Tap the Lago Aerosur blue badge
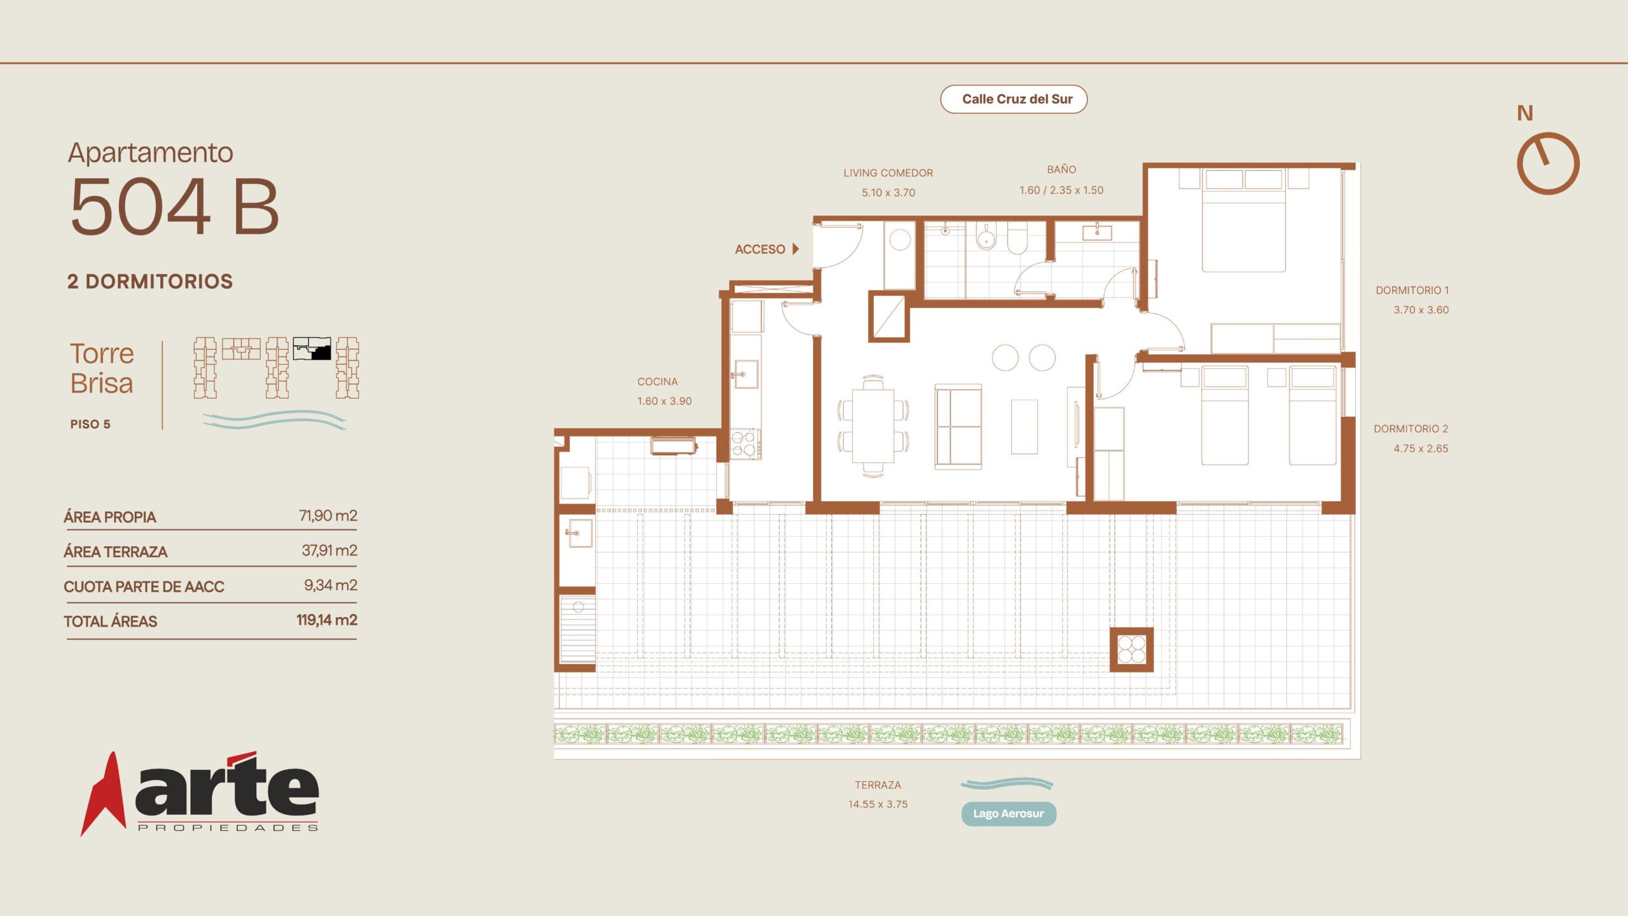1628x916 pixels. pos(1009,814)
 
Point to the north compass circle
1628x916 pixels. pos(1549,163)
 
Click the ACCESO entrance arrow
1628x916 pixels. pos(796,249)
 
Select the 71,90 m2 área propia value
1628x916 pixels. pos(328,515)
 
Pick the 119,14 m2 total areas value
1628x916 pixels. pos(327,620)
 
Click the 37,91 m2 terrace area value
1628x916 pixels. pos(329,550)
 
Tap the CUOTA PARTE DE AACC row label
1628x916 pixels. pos(144,586)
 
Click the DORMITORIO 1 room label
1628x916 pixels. pos(1412,290)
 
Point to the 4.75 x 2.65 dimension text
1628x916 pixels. pos(1421,448)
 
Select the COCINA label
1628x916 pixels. pos(658,382)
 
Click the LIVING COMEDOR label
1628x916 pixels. pos(888,173)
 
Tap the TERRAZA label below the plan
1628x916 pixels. pos(878,785)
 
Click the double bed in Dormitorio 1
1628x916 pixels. pos(1243,220)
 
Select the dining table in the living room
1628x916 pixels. pos(873,425)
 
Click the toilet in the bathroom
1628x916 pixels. pos(1018,237)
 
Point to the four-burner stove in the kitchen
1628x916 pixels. pos(743,443)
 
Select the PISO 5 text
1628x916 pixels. pos(90,424)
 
